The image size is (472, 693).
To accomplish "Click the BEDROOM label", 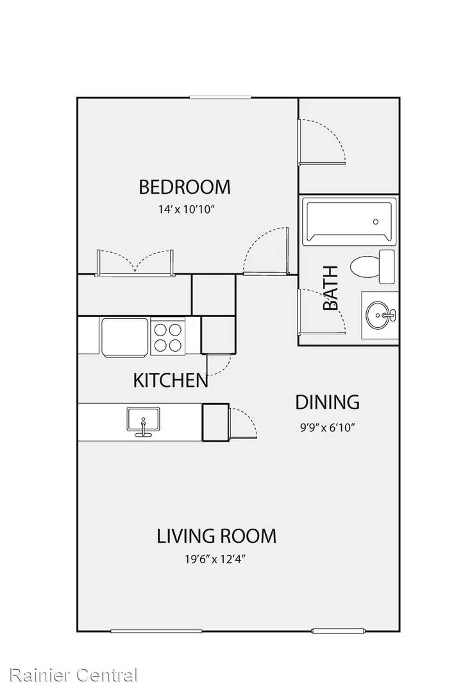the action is point(185,187).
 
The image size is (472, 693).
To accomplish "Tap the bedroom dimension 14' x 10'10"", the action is point(186,209).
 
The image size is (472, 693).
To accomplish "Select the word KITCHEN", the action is point(171,381).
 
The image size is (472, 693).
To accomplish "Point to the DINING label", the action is point(327,402).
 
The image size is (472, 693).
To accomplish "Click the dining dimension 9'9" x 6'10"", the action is point(328,427).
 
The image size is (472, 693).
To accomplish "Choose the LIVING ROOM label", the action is point(216,536).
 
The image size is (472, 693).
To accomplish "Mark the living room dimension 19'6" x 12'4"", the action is point(215,560).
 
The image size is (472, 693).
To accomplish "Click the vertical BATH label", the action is point(331,287).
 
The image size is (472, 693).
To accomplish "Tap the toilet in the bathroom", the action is point(372,266).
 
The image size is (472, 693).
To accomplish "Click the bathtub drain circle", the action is point(376,222).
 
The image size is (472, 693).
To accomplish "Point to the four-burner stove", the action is point(168,336).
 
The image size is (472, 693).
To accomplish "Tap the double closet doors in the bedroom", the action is point(135,264).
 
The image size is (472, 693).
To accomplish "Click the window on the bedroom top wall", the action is point(221,98).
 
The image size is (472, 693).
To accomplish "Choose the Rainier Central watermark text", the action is point(73,675).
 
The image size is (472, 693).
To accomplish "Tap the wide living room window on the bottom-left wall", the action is point(156,631).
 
